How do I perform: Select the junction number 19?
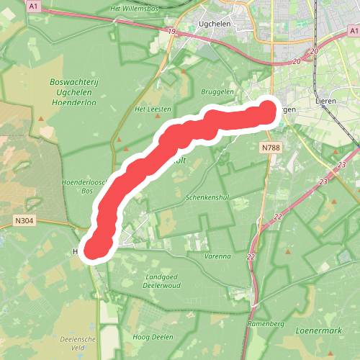click(171, 32)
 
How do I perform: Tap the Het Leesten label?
click(153, 109)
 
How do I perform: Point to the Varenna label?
click(217, 256)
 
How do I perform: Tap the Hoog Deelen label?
click(153, 336)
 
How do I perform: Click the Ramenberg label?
click(263, 325)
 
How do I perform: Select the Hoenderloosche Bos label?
click(84, 186)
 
